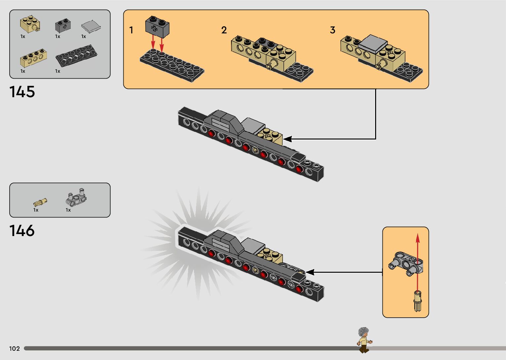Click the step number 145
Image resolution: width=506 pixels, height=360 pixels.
(22, 92)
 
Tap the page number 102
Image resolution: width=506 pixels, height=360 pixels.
(15, 348)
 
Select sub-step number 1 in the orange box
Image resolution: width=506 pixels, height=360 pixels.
(131, 30)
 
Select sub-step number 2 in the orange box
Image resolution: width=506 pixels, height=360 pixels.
(224, 30)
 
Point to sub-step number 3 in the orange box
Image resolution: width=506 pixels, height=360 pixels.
(332, 30)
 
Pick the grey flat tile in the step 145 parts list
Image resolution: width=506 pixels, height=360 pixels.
(91, 27)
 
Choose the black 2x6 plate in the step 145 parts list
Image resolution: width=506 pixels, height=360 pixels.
(77, 56)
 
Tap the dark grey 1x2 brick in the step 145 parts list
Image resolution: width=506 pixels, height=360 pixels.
(63, 25)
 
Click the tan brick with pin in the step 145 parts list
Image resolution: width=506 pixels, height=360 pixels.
(30, 24)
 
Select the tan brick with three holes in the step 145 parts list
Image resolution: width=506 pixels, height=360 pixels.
(33, 58)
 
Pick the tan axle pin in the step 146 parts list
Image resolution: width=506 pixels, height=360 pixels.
(40, 202)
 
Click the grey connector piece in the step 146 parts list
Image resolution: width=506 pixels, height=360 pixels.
(76, 197)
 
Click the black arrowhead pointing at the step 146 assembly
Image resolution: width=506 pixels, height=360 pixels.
(310, 272)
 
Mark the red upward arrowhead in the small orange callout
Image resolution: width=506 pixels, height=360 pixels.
(418, 238)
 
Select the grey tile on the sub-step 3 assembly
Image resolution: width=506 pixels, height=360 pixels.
(373, 44)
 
